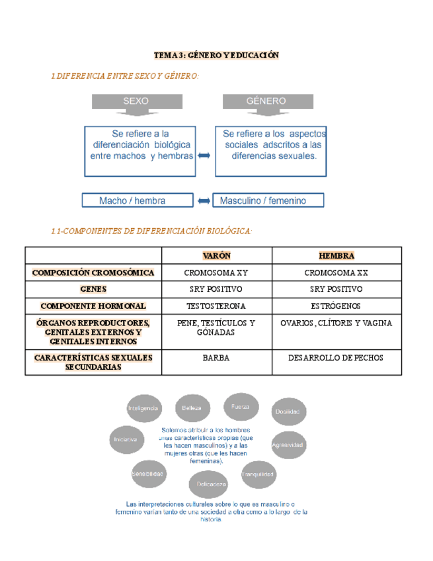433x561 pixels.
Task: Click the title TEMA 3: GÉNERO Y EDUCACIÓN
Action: coord(216,56)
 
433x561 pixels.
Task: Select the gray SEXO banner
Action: coord(136,101)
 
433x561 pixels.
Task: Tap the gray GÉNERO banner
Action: coord(266,101)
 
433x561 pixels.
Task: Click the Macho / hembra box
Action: coord(137,200)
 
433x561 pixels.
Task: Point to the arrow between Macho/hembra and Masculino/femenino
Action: coord(204,200)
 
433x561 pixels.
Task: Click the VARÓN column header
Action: coord(216,255)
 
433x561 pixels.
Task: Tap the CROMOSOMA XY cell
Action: coord(216,273)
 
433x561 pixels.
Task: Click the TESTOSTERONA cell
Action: coord(216,306)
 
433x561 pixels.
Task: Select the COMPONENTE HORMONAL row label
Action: coord(93,306)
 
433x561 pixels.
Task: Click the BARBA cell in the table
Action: coord(216,358)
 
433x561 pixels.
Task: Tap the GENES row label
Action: coord(93,289)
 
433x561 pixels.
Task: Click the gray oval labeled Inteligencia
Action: coord(143,409)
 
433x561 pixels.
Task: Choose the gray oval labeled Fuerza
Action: coord(240,407)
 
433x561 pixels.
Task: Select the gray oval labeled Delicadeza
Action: coord(211,484)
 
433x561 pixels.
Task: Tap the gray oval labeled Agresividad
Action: coord(288,445)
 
